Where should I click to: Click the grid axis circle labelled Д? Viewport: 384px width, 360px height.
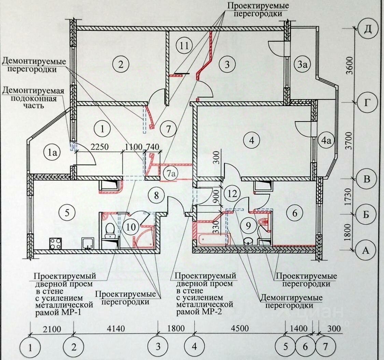[367, 30]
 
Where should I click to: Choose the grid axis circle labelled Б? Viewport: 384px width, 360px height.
[367, 215]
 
